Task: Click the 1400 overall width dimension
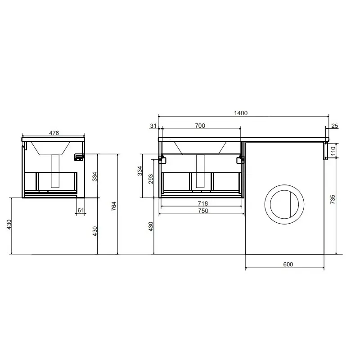[x=241, y=113]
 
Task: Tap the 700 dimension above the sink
[x=200, y=126]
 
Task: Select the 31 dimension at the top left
[x=153, y=126]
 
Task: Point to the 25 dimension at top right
[x=335, y=126]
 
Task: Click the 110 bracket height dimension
[x=333, y=151]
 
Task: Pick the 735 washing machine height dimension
[x=333, y=199]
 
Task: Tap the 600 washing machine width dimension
[x=288, y=264]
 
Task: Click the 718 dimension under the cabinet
[x=203, y=203]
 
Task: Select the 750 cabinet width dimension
[x=203, y=211]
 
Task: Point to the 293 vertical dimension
[x=151, y=179]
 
